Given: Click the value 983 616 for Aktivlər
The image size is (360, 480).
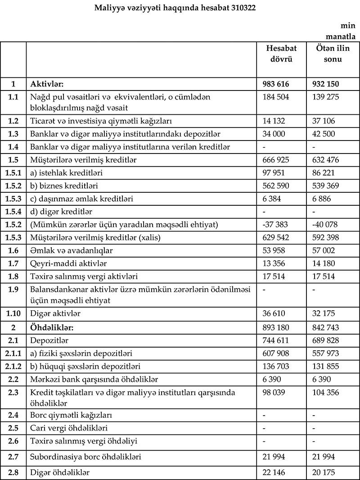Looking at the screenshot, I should [275, 84].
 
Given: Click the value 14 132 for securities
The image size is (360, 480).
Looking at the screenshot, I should [273, 121].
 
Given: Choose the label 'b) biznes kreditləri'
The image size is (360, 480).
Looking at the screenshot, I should [64, 186].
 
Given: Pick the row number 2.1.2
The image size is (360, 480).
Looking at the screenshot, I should [13, 367].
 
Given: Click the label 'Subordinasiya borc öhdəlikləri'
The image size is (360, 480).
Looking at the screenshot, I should [85, 457].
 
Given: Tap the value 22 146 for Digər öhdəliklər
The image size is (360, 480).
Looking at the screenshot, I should [273, 472].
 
